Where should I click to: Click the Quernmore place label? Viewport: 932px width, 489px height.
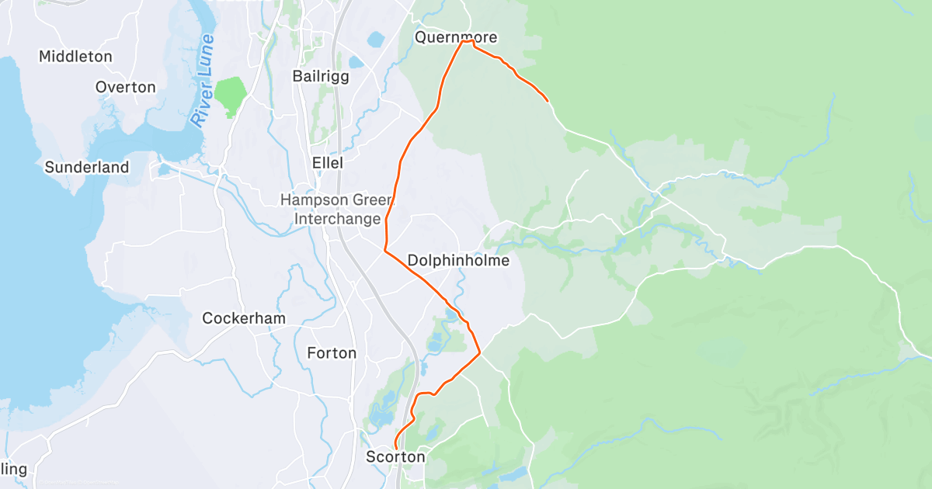(x=455, y=37)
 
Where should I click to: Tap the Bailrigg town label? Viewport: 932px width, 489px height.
(x=321, y=76)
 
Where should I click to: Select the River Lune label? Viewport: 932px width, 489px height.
(x=203, y=81)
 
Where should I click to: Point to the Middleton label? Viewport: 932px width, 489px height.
(x=75, y=57)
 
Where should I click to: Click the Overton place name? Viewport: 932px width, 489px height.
(x=125, y=87)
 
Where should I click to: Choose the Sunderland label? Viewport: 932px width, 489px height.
(x=86, y=167)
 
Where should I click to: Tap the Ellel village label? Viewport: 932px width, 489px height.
(x=327, y=163)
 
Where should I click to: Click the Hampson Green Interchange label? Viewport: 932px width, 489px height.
(x=337, y=210)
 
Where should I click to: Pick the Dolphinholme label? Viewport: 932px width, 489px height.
(x=458, y=260)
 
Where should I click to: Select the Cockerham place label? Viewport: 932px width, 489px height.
(x=244, y=318)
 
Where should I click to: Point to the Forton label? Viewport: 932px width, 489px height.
(x=332, y=353)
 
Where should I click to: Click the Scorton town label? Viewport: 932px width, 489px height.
(x=395, y=457)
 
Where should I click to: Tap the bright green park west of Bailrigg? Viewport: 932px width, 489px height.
(x=230, y=94)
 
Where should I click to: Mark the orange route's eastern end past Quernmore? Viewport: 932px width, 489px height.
(x=548, y=101)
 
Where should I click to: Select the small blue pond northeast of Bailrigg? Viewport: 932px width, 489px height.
(x=376, y=39)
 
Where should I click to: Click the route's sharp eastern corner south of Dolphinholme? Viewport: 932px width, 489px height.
(x=480, y=353)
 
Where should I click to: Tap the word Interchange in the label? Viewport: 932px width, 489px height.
(x=337, y=219)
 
